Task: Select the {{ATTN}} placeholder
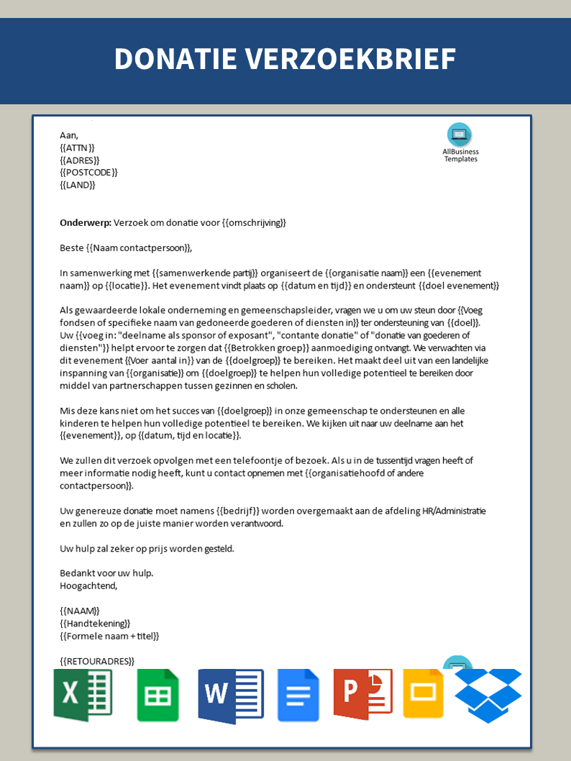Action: pyautogui.click(x=77, y=147)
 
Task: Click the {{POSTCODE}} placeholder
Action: pyautogui.click(x=88, y=173)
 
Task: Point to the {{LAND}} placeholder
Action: pyautogui.click(x=77, y=185)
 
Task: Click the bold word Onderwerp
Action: pyautogui.click(x=85, y=223)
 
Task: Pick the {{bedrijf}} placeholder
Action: pyautogui.click(x=238, y=511)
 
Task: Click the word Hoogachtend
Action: pyautogui.click(x=88, y=585)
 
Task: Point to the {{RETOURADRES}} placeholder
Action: pyautogui.click(x=97, y=661)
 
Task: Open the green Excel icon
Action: pyautogui.click(x=83, y=694)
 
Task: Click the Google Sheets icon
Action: pyautogui.click(x=157, y=695)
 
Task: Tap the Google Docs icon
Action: pyautogui.click(x=298, y=695)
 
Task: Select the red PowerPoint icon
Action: pyautogui.click(x=362, y=694)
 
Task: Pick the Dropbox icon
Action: pyautogui.click(x=488, y=695)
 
